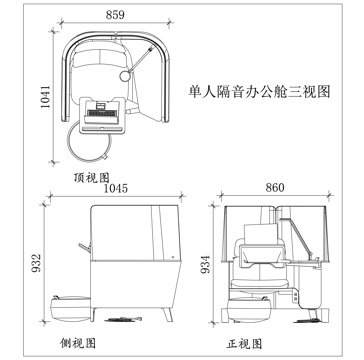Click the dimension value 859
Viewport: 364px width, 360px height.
(118, 16)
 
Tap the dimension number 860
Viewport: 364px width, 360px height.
(275, 187)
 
